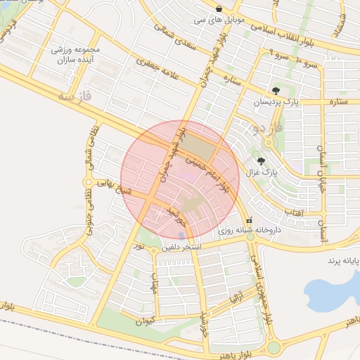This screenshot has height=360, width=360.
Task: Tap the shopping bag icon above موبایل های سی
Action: tap(219, 8)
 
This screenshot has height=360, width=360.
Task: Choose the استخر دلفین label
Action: tap(182, 247)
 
